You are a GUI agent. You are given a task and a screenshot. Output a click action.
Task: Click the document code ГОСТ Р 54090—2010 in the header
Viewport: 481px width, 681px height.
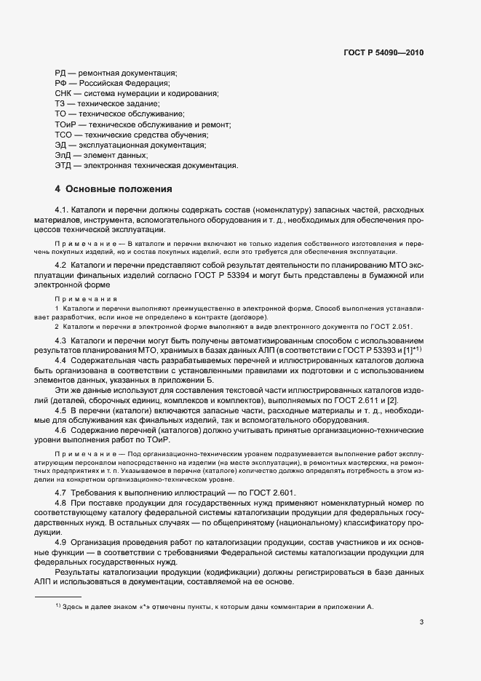[385, 52]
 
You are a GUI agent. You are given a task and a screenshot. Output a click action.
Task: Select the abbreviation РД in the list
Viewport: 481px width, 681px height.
[61, 73]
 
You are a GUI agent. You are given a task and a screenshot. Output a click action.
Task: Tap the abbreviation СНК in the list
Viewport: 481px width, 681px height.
[63, 94]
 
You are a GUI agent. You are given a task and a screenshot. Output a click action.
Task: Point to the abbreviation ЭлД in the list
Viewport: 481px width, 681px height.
[63, 155]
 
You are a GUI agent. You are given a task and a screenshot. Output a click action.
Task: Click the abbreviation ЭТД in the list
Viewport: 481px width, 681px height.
[63, 165]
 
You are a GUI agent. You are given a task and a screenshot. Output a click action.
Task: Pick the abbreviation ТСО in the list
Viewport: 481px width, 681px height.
[63, 135]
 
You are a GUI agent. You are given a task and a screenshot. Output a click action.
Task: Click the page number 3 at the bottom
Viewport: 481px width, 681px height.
[421, 621]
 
